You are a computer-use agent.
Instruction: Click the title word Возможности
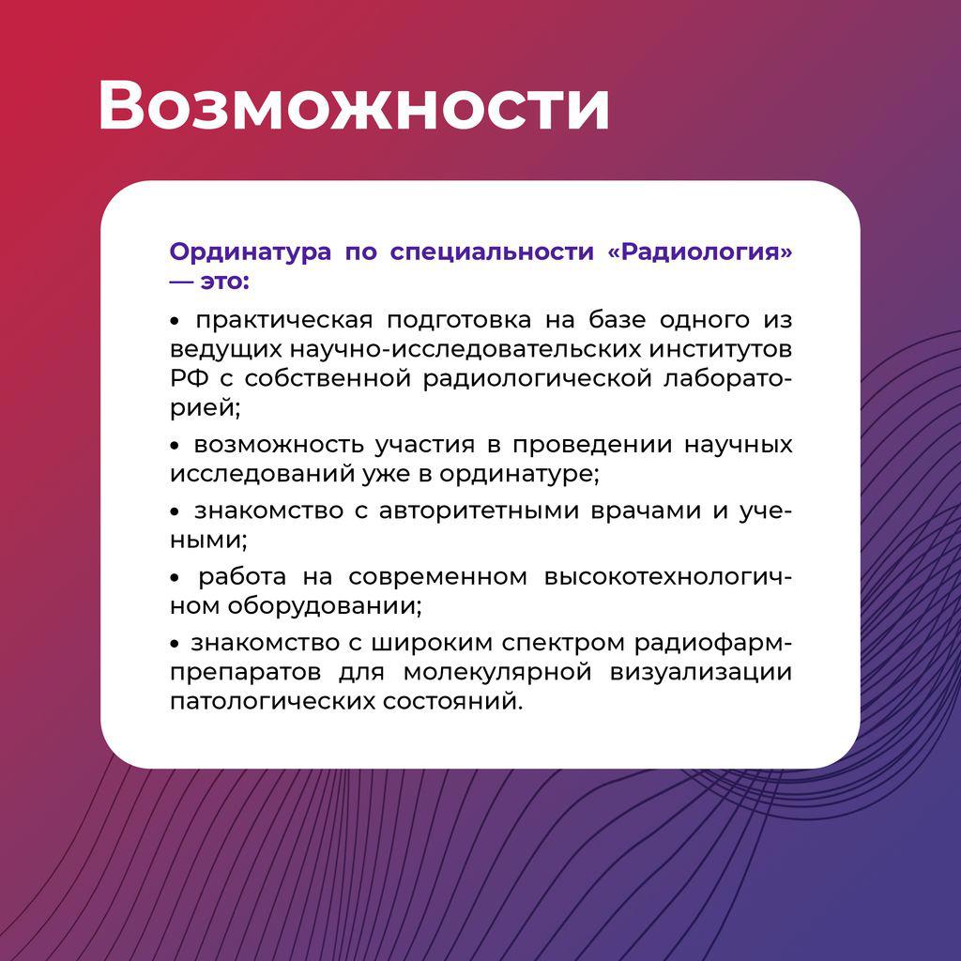point(354,104)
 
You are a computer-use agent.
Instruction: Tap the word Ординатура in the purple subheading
point(250,252)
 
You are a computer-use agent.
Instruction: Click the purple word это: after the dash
point(225,282)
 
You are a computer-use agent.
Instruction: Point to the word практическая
point(284,320)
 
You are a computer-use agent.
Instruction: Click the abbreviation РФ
point(189,378)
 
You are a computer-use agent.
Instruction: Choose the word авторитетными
point(479,511)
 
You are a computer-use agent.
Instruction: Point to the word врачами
point(646,511)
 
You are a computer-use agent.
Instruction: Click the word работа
point(242,576)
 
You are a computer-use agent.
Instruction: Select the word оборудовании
point(325,606)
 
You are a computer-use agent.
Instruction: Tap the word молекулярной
point(497,672)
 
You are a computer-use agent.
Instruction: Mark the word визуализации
point(700,672)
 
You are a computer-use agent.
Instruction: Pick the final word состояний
point(453,701)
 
